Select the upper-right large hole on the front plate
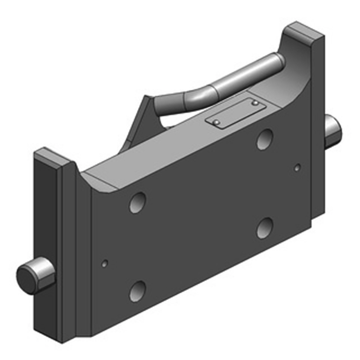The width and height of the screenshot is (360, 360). pos(265,139)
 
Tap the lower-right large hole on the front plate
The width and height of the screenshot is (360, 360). pos(265,228)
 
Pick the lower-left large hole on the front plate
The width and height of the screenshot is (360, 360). pos(138,291)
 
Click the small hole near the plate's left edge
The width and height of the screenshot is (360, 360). pos(105,263)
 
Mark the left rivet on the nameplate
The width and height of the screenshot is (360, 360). pos(216,122)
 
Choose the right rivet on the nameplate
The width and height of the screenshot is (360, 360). pos(255,104)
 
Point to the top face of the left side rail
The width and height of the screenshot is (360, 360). pos(51,158)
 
